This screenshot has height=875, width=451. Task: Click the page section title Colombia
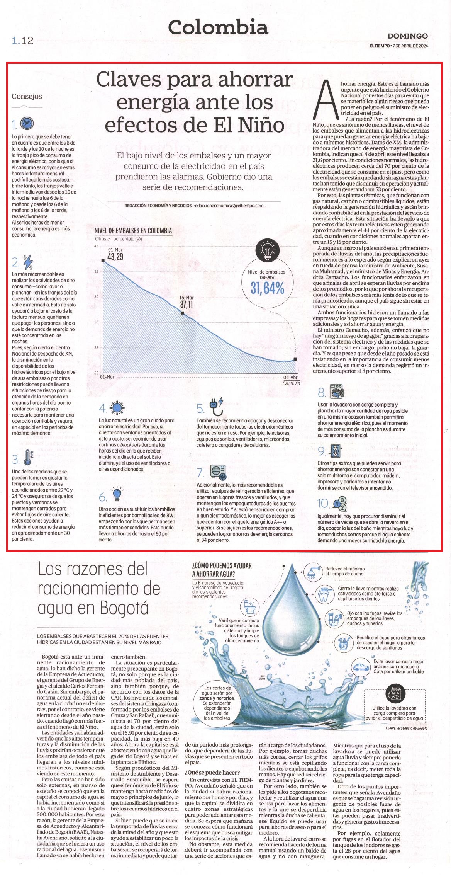pyautogui.click(x=218, y=27)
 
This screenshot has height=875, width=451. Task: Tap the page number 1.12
pyautogui.click(x=23, y=41)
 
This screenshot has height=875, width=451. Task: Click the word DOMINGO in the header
pyautogui.click(x=407, y=36)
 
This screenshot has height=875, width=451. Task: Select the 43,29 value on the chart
pyautogui.click(x=115, y=256)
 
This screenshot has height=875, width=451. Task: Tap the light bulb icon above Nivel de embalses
pyautogui.click(x=267, y=251)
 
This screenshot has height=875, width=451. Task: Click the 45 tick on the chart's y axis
pyautogui.click(x=96, y=246)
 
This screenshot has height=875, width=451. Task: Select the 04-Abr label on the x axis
pyautogui.click(x=290, y=377)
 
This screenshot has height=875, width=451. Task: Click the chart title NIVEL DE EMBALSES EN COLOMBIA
pyautogui.click(x=133, y=231)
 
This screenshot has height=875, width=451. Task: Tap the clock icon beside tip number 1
pyautogui.click(x=27, y=123)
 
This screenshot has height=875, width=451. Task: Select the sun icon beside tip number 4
pyautogui.click(x=117, y=408)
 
